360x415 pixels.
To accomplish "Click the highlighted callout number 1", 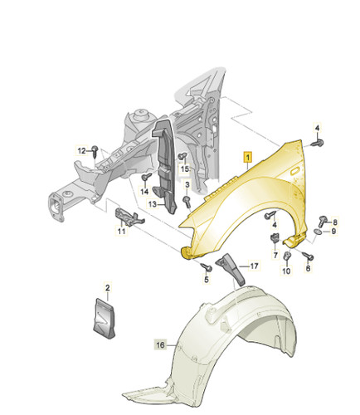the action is (x=248, y=158).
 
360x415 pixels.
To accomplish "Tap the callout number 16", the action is (x=161, y=345).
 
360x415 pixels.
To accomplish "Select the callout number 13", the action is (x=153, y=205).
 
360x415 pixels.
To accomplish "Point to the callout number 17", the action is (x=254, y=266).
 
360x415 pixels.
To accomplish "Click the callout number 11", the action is (x=122, y=231).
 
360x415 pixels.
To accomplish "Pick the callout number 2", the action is (x=108, y=288).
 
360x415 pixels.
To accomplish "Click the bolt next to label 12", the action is (x=95, y=151).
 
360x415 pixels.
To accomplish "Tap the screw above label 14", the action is (x=146, y=176).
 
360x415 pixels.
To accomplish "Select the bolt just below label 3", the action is (x=187, y=201).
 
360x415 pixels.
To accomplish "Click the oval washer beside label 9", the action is (x=318, y=232).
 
